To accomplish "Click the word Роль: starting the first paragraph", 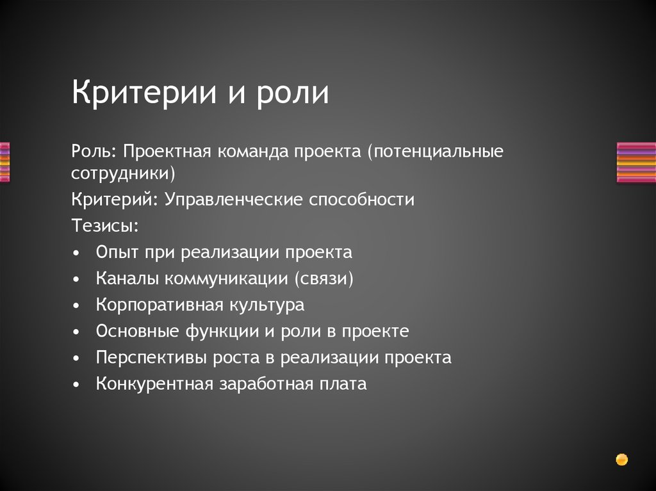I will click(x=94, y=152).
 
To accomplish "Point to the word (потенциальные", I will click(x=436, y=153).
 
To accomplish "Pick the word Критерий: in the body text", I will click(x=115, y=200).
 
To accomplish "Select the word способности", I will click(x=362, y=200).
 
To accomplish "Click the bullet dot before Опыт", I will click(x=77, y=253).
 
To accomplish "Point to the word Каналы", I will click(x=126, y=278).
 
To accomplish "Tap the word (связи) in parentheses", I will click(x=325, y=278).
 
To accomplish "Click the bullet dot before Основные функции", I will click(x=77, y=332).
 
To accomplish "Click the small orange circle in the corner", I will click(x=621, y=459).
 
